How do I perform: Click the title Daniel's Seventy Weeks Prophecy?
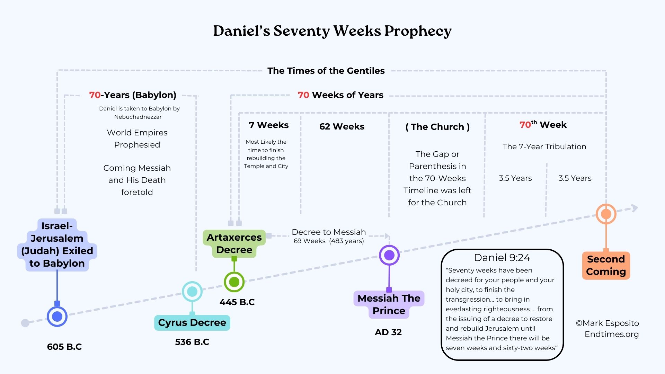[x=332, y=31]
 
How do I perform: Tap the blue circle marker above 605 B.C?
[x=57, y=316]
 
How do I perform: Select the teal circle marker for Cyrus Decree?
[x=192, y=292]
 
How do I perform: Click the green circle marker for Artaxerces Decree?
[x=234, y=282]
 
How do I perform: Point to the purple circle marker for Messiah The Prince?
[x=389, y=255]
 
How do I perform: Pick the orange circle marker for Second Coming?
[x=606, y=214]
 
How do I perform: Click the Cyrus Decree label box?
[x=192, y=323]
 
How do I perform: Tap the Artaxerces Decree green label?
[x=234, y=243]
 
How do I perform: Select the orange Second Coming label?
[x=606, y=265]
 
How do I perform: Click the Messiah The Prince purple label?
[x=389, y=304]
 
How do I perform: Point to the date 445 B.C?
[x=237, y=302]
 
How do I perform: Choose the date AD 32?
[x=388, y=332]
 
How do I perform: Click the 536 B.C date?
[x=192, y=342]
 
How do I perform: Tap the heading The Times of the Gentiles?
[x=326, y=71]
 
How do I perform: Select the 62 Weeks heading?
[x=342, y=126]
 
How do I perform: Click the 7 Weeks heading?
[x=268, y=125]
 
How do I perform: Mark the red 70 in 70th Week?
[x=525, y=125]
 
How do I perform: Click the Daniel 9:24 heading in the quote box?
[x=502, y=258]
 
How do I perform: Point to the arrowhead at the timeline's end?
[x=635, y=208]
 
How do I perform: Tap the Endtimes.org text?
[x=611, y=334]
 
